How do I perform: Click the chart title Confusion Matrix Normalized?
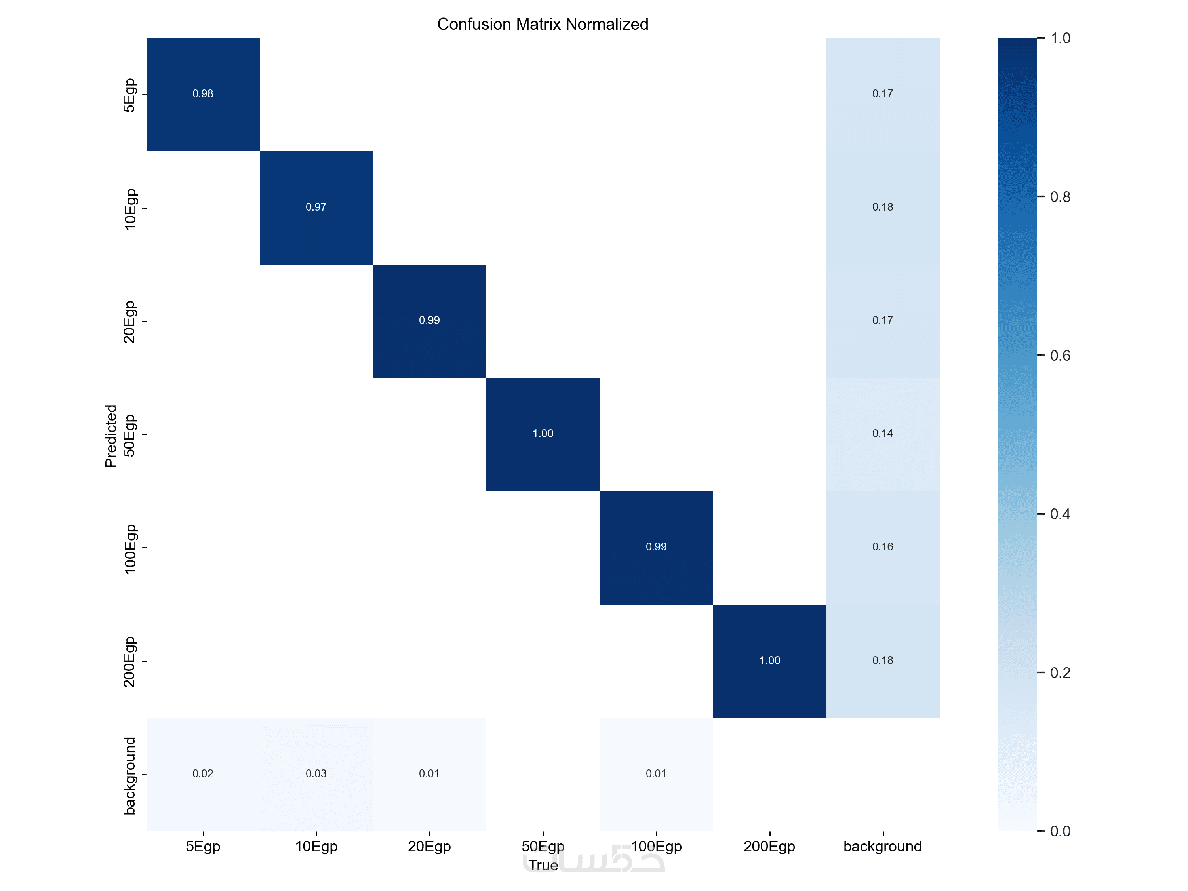pos(543,24)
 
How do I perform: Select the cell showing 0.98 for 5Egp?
pos(203,94)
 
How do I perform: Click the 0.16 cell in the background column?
pos(882,547)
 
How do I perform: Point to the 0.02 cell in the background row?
pos(203,774)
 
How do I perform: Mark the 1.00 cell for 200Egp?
pos(769,661)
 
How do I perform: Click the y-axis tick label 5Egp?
pos(130,95)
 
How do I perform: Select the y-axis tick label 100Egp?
pos(130,549)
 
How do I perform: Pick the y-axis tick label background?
pos(130,775)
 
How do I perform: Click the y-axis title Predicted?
pos(110,436)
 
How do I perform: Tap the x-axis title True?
pos(543,865)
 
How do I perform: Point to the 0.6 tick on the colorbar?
pos(1060,356)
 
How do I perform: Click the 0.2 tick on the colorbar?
pos(1060,673)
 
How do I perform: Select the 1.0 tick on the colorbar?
pos(1060,38)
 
